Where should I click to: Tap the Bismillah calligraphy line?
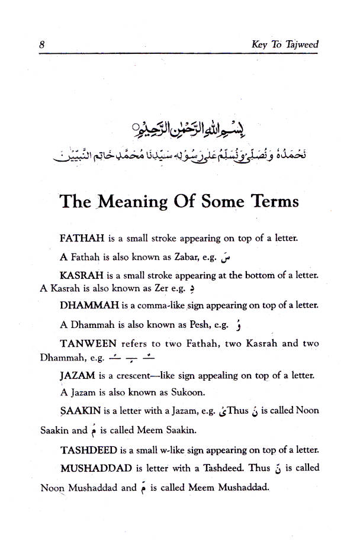178,128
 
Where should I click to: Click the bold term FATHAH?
82,239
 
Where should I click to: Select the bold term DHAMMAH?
89,306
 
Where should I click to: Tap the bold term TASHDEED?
88,449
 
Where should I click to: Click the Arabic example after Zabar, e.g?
224,257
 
